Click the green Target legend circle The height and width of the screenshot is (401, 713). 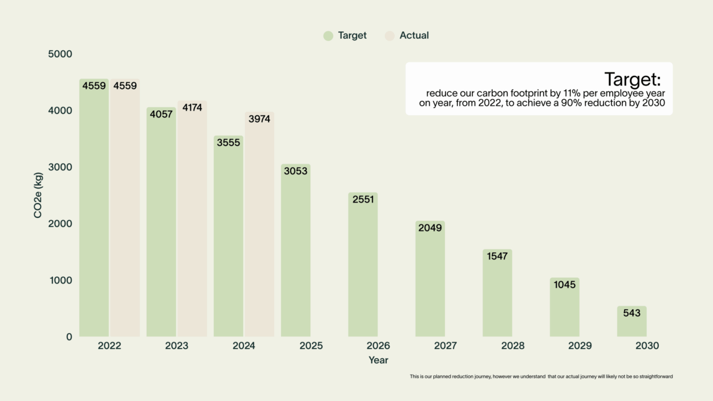pos(328,35)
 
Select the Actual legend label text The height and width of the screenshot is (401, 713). pos(414,35)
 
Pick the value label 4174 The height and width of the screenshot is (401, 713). pos(192,107)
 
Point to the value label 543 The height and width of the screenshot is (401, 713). pos(631,313)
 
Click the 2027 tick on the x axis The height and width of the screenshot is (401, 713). pos(445,346)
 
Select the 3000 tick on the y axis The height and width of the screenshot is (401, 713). pos(62,167)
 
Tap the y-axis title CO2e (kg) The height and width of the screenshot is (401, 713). pos(38,195)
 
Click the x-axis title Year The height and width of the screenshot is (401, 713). pos(378,360)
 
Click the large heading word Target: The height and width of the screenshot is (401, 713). pos(632,79)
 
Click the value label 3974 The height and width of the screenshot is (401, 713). pos(260,119)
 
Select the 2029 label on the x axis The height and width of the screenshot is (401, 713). pos(580,346)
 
